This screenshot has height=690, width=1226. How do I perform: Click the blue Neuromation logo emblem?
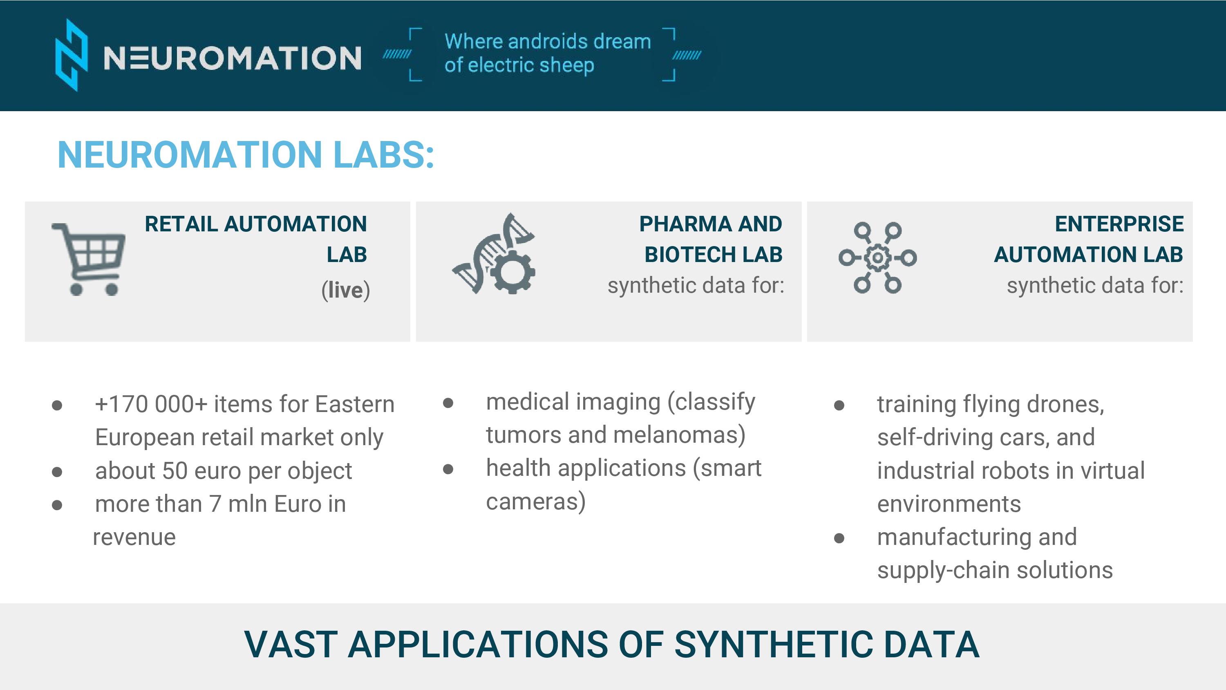tap(72, 55)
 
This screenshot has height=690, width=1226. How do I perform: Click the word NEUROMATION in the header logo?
tap(232, 58)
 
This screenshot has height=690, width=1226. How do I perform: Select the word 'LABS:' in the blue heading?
tap(384, 155)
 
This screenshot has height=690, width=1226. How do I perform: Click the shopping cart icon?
tap(89, 259)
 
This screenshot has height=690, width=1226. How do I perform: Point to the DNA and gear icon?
tap(494, 253)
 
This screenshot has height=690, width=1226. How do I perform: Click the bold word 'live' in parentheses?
tap(345, 290)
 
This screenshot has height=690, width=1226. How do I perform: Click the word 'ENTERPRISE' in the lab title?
tap(1119, 224)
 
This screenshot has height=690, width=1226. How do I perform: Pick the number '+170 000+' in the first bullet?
tap(151, 404)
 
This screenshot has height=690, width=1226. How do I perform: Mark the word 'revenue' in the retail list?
tap(134, 538)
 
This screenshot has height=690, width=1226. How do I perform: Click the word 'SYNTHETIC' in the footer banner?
tap(774, 644)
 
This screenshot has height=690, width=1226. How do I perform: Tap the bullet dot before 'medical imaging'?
tap(448, 403)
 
